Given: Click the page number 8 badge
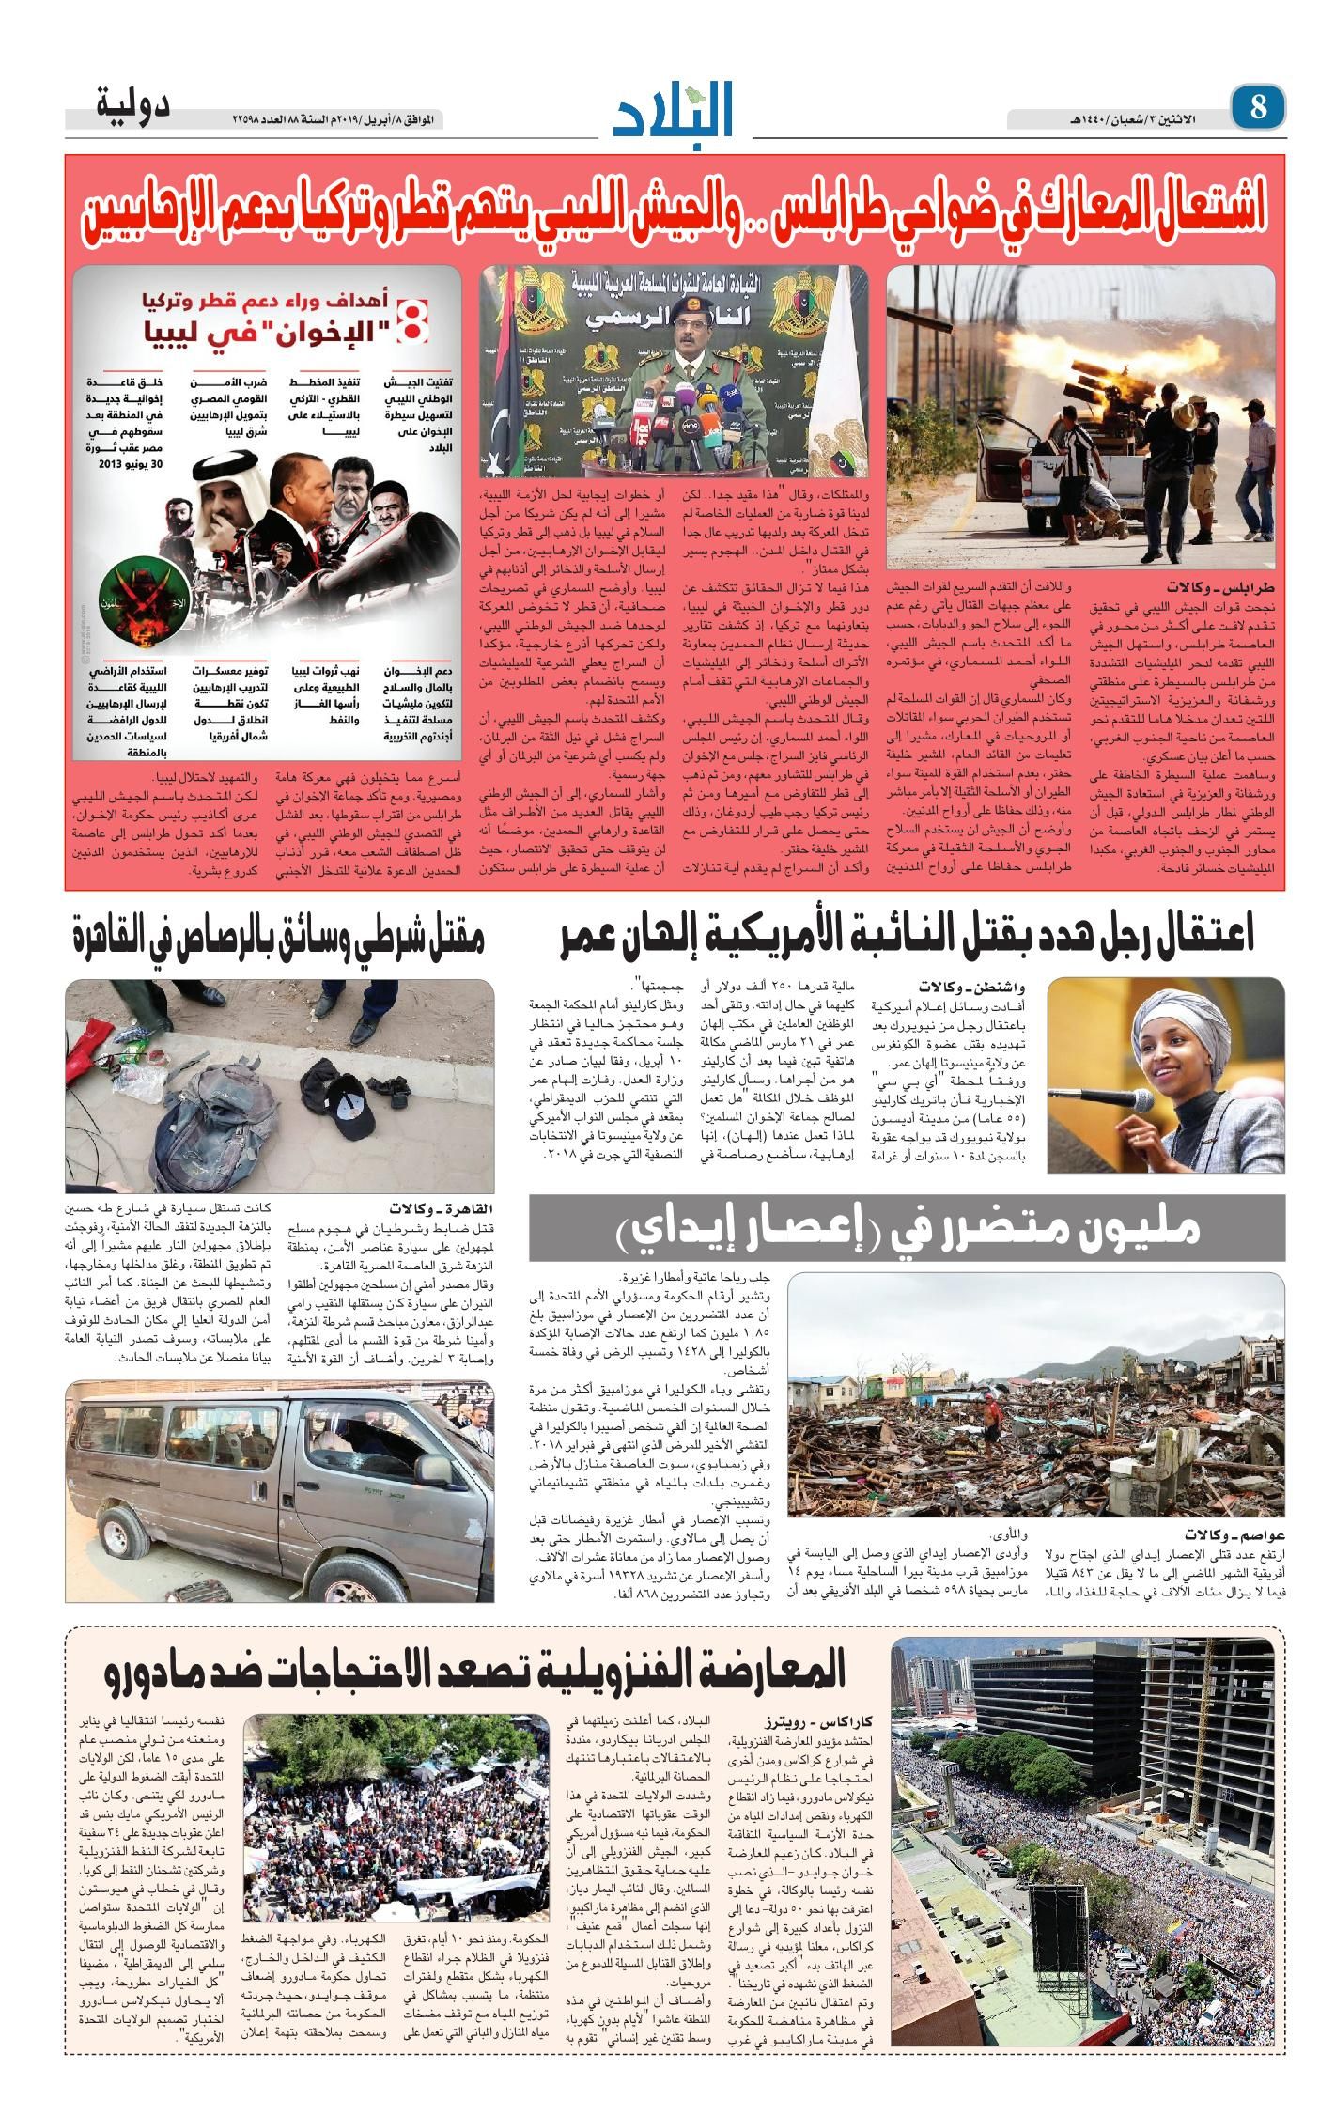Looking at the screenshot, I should click(1257, 106).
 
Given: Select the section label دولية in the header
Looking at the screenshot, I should click(132, 102).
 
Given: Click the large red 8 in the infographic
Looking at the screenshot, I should click(412, 321).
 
